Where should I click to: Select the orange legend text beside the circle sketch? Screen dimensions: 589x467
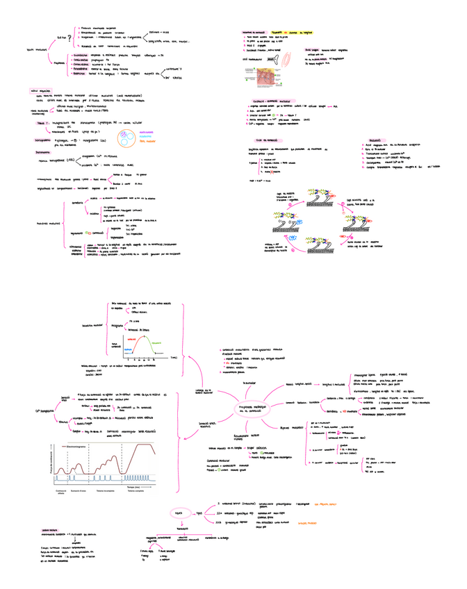(147, 132)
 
